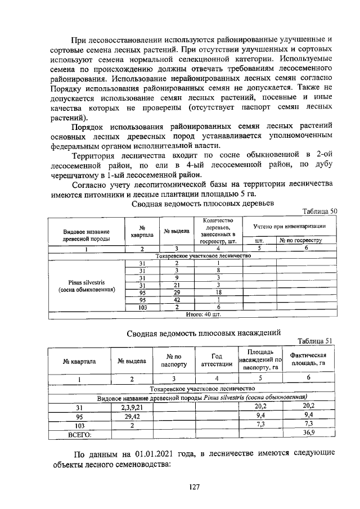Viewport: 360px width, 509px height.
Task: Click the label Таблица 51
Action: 317,341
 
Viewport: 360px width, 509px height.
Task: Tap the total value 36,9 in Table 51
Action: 308,433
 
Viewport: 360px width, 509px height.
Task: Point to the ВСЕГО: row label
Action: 79,434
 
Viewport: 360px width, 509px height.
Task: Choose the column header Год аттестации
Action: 213,360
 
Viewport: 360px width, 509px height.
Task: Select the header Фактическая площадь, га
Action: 308,360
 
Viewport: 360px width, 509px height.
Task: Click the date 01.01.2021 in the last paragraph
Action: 158,453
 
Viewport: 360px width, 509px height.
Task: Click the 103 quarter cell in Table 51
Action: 79,425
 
